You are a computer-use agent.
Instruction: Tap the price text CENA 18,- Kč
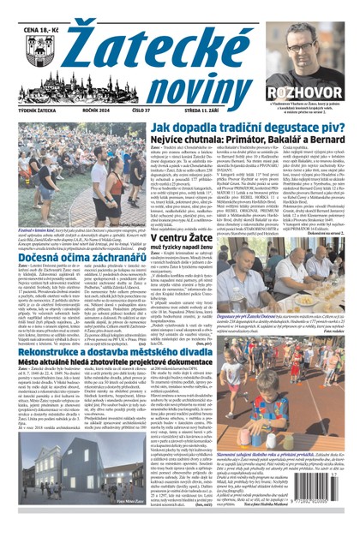[x=26, y=9]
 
